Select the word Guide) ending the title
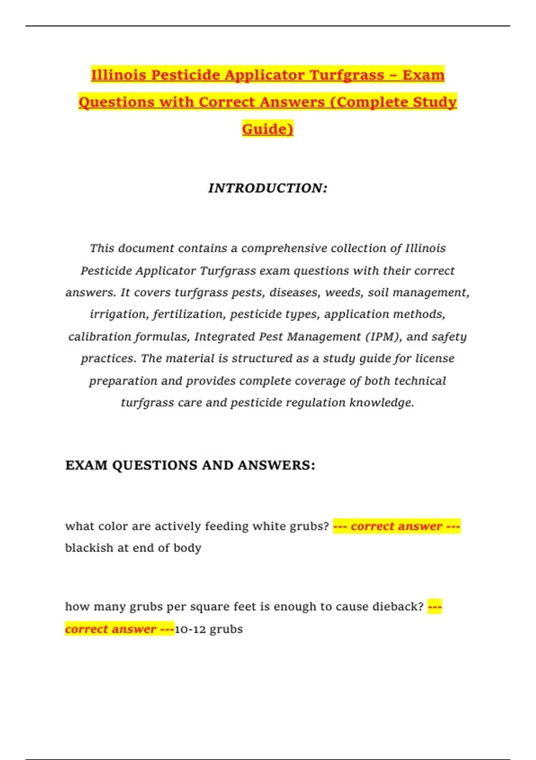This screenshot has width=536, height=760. tap(268, 129)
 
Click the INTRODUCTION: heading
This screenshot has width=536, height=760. tap(268, 188)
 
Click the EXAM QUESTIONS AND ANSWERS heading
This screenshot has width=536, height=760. tap(190, 465)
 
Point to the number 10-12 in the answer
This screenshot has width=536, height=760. tap(190, 629)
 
